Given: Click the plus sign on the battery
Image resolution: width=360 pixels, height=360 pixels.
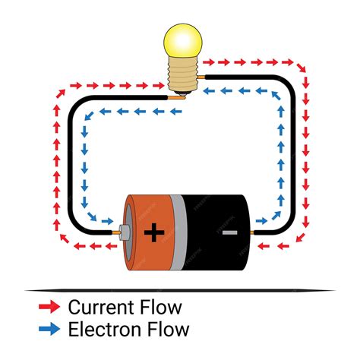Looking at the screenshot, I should coord(153,232).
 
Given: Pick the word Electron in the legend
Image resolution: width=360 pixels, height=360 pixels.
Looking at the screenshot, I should coord(101,330).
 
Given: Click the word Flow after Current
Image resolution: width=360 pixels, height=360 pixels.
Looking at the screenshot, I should coord(160,308).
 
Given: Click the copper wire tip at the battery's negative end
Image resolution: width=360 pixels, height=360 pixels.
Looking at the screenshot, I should coord(257,231).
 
